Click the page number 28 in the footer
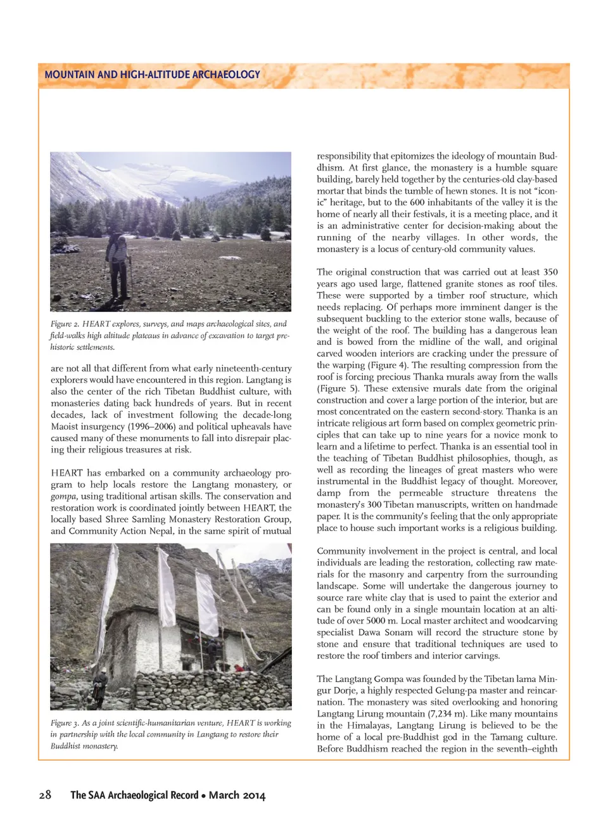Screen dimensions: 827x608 (45, 795)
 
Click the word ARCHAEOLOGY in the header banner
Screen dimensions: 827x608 (226, 74)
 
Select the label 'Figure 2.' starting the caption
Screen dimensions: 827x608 (65, 324)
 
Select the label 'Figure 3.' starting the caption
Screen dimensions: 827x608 (65, 723)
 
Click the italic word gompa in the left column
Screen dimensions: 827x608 (63, 496)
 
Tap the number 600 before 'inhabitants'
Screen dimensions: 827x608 (417, 202)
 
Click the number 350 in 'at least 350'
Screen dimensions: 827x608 (550, 272)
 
